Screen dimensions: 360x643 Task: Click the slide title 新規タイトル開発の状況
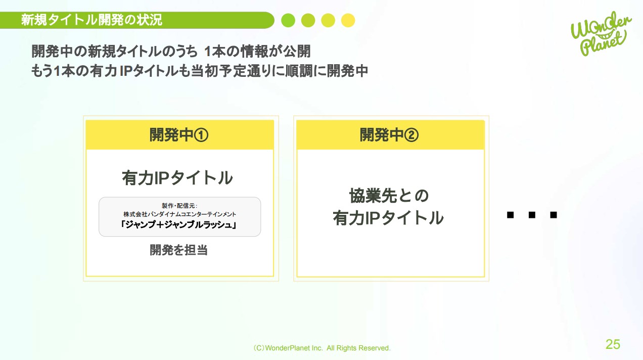91,20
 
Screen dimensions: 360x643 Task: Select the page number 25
613,344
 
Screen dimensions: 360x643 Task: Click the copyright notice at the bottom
322,348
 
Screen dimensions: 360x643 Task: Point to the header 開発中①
179,135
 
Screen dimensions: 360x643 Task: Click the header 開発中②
390,135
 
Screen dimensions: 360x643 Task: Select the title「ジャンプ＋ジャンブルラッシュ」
179,226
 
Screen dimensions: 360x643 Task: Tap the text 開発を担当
179,250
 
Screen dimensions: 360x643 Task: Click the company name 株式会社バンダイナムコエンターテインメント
179,214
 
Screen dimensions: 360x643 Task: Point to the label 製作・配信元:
179,205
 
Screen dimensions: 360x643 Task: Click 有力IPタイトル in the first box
177,178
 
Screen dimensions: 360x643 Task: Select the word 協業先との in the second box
389,196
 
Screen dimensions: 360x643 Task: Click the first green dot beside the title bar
288,20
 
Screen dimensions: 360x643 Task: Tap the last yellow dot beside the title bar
348,20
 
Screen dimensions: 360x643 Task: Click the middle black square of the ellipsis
532,215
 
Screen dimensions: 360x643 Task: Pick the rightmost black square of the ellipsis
554,215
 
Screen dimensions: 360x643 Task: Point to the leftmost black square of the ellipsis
510,215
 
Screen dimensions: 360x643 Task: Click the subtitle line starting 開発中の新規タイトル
171,52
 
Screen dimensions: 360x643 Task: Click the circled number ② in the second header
412,135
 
